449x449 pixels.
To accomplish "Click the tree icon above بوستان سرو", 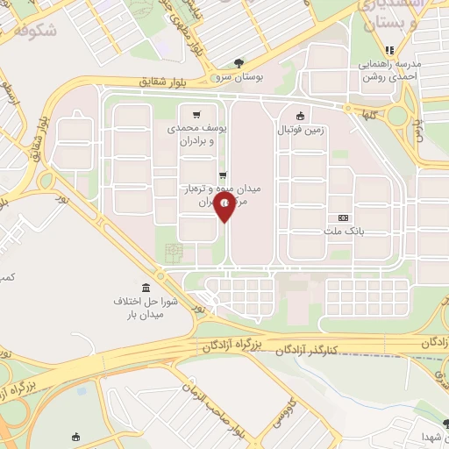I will [x=239, y=62].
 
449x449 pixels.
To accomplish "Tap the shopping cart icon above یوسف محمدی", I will [x=197, y=114].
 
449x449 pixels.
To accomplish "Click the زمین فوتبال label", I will [x=302, y=131].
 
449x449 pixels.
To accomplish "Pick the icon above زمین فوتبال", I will [x=301, y=115].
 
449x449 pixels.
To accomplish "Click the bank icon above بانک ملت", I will [x=344, y=217].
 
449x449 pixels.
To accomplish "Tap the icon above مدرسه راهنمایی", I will [x=389, y=50].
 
